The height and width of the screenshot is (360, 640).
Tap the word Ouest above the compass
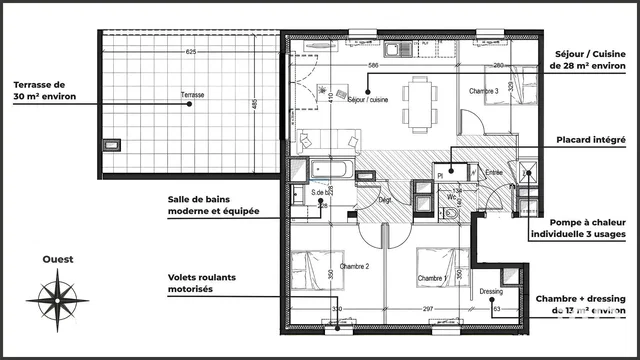pyautogui.click(x=57, y=259)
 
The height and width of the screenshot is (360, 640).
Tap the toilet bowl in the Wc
pyautogui.click(x=450, y=214)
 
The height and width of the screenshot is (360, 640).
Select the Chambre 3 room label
pyautogui.click(x=484, y=92)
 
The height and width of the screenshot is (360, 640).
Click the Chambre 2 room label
pyautogui.click(x=355, y=266)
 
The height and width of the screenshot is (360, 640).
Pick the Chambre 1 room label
pyautogui.click(x=432, y=278)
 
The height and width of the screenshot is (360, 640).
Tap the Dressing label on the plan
pyautogui.click(x=491, y=292)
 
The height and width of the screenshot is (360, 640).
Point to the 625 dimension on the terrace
pyautogui.click(x=190, y=51)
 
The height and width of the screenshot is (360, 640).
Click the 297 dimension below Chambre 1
pyautogui.click(x=428, y=309)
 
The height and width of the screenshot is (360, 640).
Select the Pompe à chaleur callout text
pyautogui.click(x=581, y=228)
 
